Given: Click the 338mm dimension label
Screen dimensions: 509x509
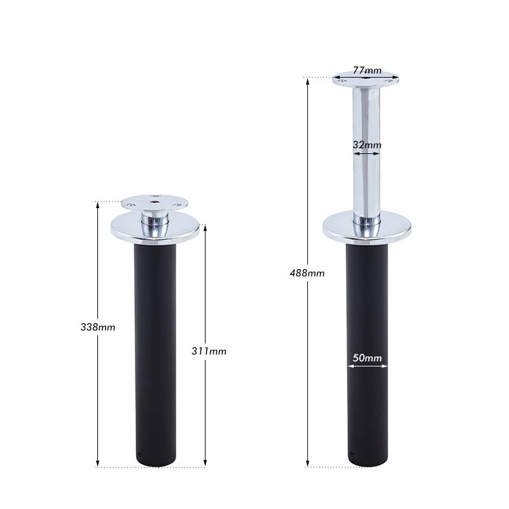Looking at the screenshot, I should tap(98, 327).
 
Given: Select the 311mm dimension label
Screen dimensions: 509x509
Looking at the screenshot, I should tap(209, 351).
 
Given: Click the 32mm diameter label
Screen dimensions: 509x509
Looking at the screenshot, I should tap(366, 145).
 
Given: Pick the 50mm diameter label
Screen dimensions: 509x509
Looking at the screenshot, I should tap(366, 358).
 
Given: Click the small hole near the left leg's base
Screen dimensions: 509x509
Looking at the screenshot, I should tap(140, 454).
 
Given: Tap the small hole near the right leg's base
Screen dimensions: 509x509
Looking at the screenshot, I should tap(352, 454).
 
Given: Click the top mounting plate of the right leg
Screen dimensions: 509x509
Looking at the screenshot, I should tap(366, 80).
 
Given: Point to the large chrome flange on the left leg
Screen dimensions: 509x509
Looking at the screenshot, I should tap(155, 228).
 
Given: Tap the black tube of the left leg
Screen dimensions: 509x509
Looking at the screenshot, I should tap(155, 350).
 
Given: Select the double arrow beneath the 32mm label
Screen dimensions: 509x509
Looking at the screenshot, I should tap(366, 153).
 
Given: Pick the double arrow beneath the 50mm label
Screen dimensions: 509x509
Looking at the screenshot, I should tap(366, 366).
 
